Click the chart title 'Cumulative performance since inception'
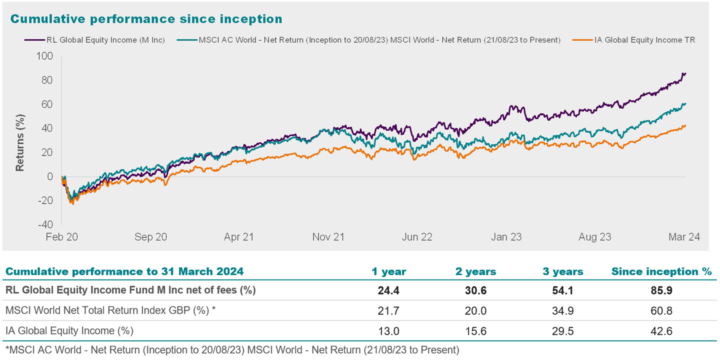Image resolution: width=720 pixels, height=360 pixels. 146,19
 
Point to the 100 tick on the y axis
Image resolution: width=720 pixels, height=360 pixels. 45,56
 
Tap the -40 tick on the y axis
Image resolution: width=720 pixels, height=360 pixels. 45,224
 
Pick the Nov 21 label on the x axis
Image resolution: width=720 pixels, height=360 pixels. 328,237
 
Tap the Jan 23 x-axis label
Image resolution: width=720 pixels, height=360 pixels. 506,237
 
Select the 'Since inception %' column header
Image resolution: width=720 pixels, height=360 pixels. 661,272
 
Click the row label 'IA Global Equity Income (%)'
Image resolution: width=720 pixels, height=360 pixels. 69,331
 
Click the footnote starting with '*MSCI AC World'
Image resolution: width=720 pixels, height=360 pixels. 231,349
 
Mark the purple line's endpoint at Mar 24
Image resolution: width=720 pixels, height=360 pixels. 685,73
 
